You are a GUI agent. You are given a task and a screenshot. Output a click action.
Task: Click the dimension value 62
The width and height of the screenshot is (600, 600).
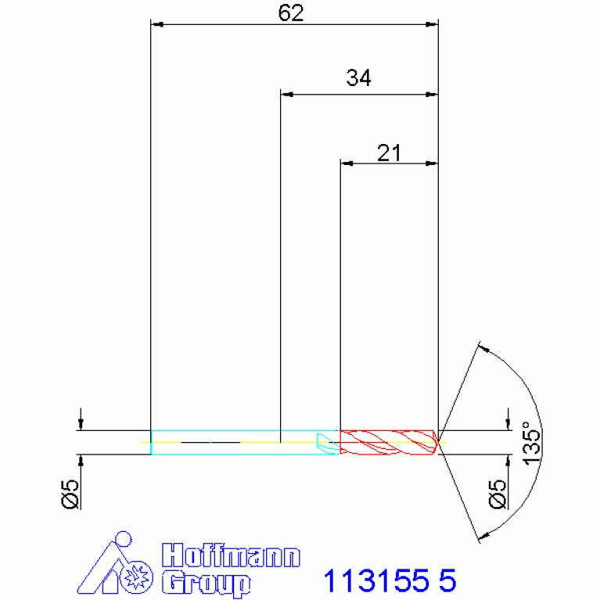click(x=291, y=13)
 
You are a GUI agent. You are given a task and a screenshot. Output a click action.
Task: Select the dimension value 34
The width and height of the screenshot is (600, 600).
click(x=358, y=77)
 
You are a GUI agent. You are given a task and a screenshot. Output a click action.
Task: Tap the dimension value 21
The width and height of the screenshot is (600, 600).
click(x=389, y=153)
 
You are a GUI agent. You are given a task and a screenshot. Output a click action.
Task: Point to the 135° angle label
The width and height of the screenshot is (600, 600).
click(x=531, y=443)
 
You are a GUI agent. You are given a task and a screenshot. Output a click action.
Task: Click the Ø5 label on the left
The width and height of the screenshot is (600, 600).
click(x=70, y=494)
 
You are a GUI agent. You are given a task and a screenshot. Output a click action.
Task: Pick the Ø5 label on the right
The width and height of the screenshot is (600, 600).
click(x=498, y=494)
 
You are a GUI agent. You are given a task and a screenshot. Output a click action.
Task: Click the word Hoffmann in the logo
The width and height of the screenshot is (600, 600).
click(x=231, y=555)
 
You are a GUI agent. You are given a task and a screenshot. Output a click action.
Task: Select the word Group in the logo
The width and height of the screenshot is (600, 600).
click(x=206, y=583)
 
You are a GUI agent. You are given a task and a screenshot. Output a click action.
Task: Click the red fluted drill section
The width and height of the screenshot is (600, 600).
click(x=388, y=442)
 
